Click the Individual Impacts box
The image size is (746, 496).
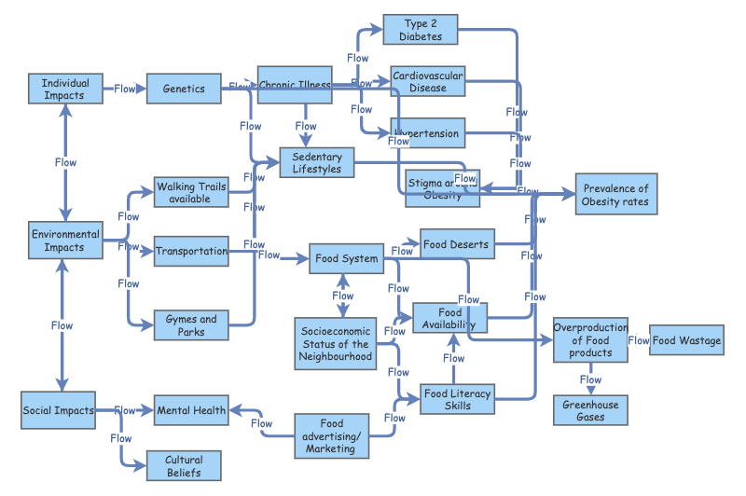point(64,90)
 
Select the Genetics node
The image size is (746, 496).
point(184,89)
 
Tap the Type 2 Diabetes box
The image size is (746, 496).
point(421,30)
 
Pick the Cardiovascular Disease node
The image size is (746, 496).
point(427,81)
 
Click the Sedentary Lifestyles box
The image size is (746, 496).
point(317,163)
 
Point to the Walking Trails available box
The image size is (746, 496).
point(190,193)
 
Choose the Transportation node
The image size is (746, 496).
point(191,252)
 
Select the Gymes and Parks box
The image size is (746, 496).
point(191,325)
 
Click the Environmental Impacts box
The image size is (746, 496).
point(65,241)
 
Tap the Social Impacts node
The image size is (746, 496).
point(58,410)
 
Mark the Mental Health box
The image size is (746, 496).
point(191,410)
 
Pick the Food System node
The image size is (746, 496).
point(347,258)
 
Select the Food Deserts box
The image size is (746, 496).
point(456,244)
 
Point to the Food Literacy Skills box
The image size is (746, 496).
point(458,399)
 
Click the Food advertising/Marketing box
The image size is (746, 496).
point(331,435)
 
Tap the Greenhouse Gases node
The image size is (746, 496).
point(590,410)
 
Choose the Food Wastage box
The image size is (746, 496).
point(686,340)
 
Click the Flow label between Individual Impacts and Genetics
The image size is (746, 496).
point(125,90)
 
